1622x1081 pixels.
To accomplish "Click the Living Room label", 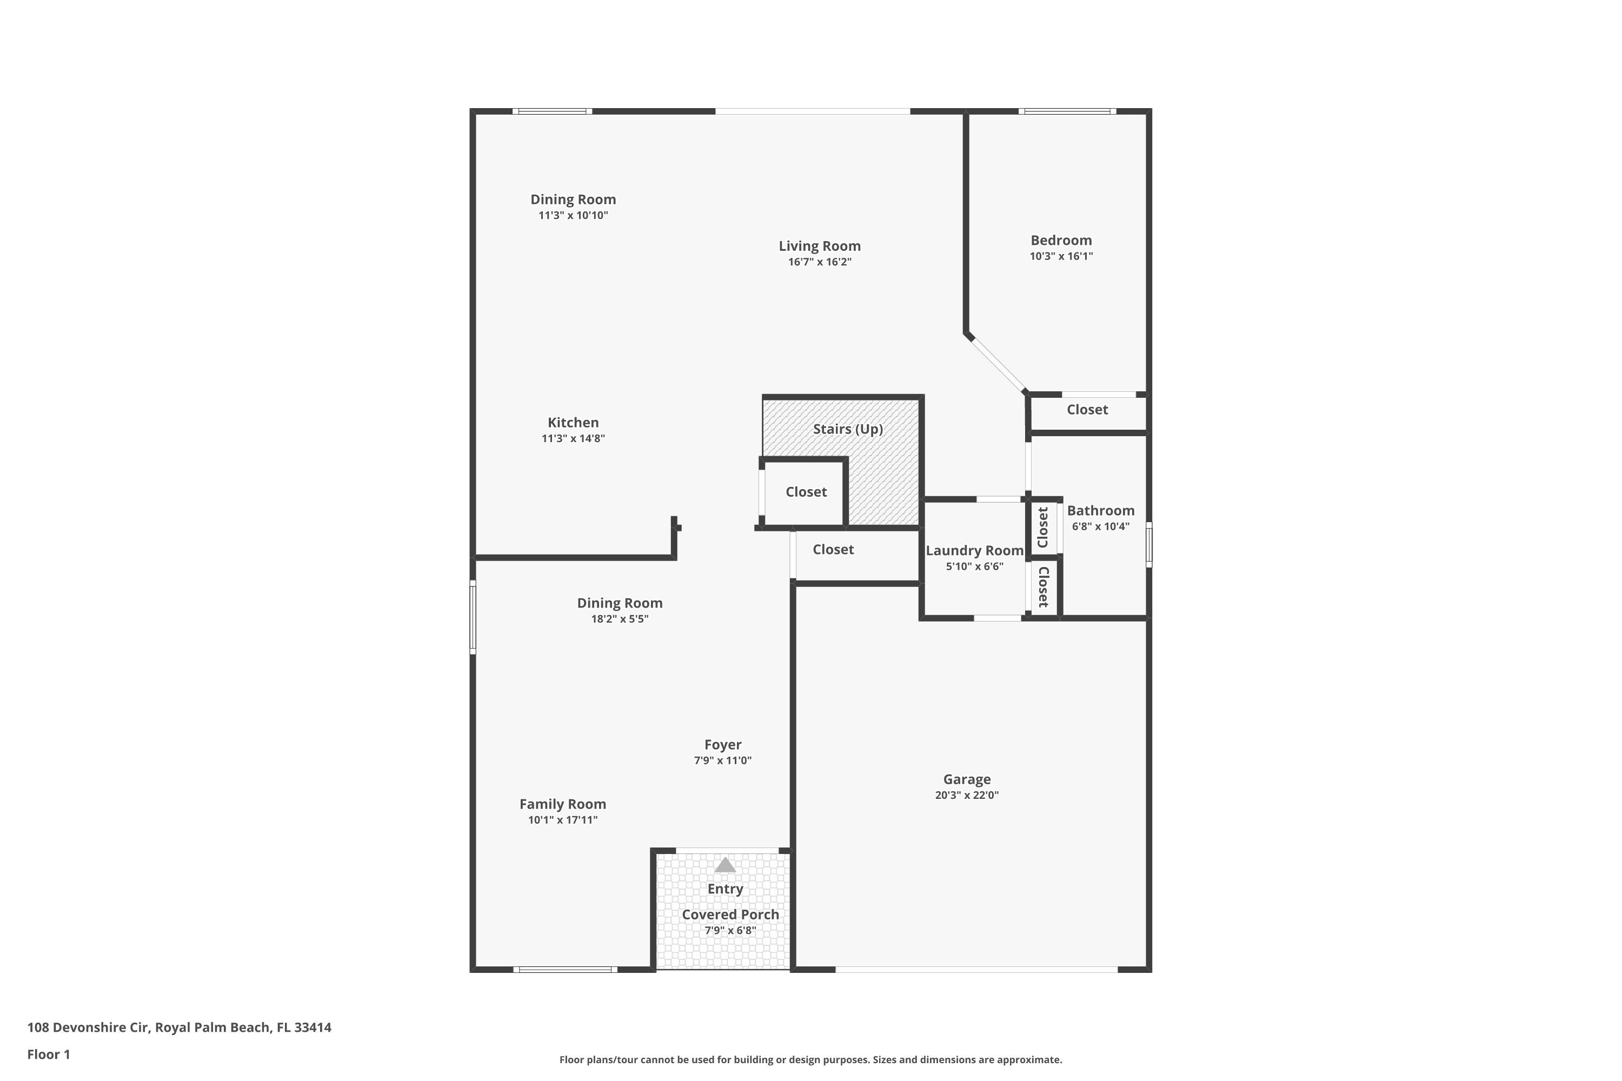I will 819,246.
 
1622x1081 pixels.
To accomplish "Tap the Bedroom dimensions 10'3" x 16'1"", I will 1061,256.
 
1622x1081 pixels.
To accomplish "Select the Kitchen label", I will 573,423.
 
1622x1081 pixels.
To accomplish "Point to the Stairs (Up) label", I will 848,429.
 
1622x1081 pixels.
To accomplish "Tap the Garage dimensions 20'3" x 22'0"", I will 966,795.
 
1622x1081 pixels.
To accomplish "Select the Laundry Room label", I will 974,551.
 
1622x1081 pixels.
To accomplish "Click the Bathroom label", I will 1100,511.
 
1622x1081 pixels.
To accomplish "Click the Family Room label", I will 562,804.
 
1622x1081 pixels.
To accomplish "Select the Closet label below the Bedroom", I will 1087,410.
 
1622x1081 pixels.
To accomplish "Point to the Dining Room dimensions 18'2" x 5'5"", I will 619,619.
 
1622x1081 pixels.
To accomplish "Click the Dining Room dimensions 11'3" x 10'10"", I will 573,216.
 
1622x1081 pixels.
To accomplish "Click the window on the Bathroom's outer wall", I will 1149,545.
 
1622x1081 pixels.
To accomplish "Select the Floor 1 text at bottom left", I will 48,1054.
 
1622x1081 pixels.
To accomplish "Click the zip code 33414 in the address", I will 313,1027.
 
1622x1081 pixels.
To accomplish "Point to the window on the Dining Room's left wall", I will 473,617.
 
